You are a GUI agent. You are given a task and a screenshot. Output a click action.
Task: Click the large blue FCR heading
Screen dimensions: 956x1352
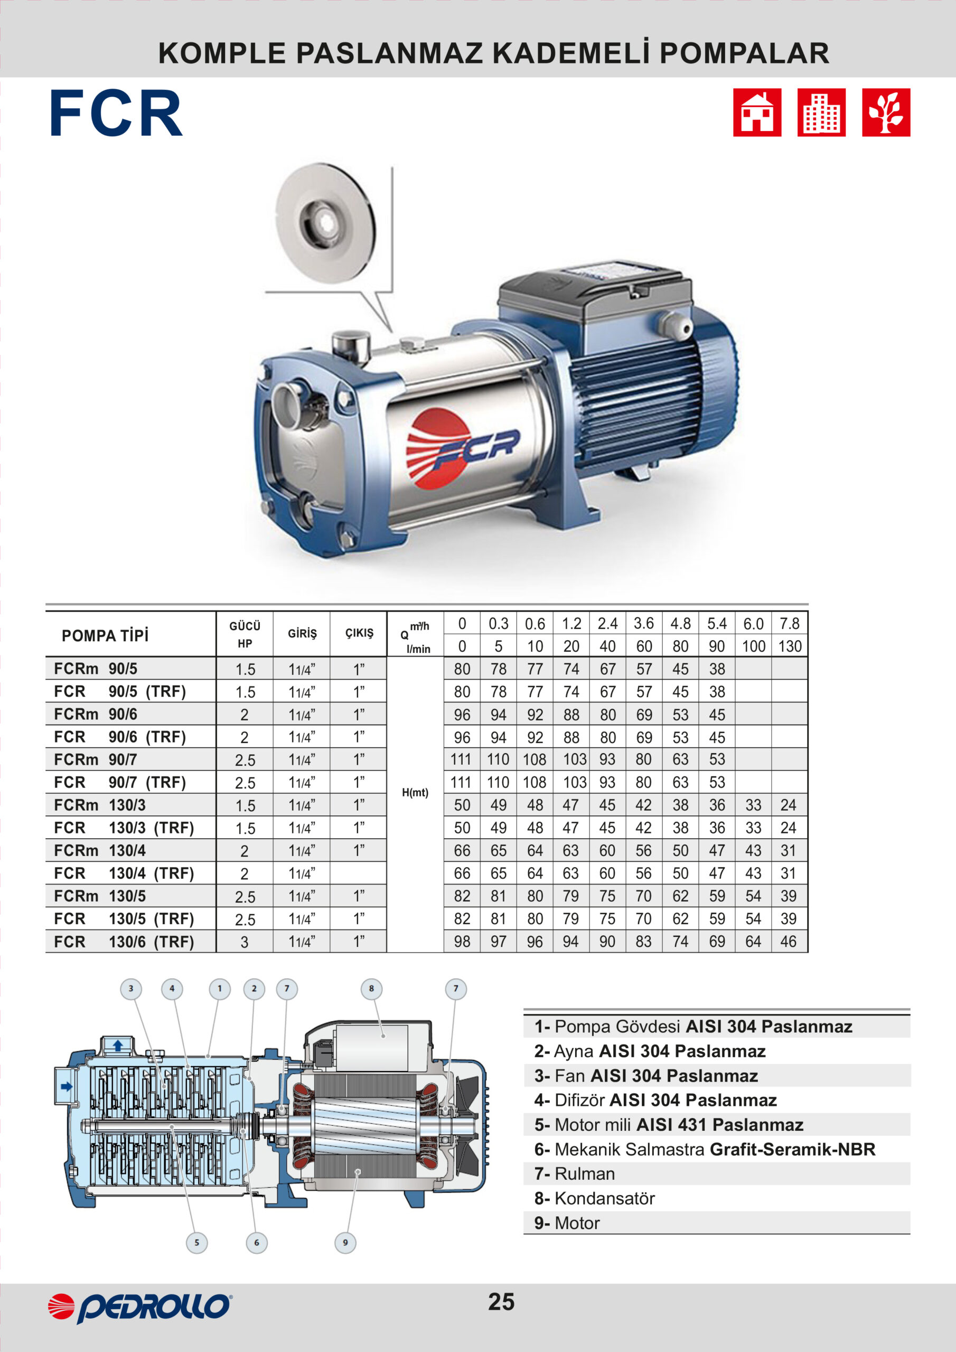[116, 114]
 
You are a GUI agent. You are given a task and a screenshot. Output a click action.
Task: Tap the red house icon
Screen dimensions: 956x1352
[757, 112]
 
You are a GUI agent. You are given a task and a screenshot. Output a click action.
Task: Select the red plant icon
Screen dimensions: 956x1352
[886, 112]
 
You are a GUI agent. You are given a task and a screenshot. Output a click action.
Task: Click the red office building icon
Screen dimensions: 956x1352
[821, 112]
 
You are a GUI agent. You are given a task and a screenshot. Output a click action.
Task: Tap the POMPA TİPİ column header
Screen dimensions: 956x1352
[106, 636]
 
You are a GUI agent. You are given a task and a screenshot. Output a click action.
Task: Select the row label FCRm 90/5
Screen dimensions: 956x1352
[96, 669]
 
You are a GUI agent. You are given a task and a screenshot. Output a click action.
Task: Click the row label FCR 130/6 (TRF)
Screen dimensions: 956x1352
[124, 942]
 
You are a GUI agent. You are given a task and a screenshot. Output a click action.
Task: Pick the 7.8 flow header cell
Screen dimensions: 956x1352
[789, 624]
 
